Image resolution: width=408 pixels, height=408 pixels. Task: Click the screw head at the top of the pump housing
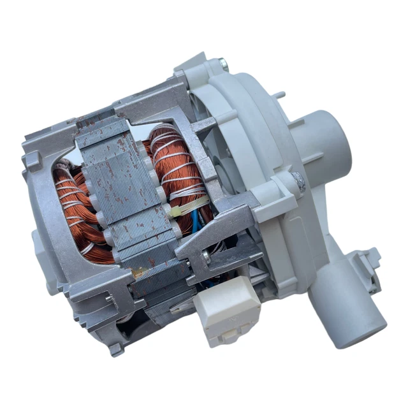pyautogui.click(x=222, y=64)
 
